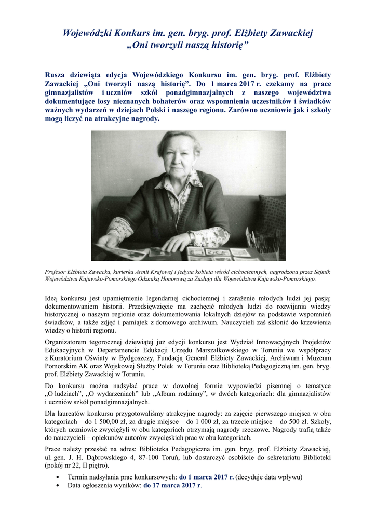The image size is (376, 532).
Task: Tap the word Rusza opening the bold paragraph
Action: [x=57, y=75]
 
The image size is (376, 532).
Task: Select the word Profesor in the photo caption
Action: [x=59, y=271]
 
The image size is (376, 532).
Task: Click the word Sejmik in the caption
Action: [x=320, y=271]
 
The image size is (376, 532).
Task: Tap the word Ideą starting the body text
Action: [x=52, y=298]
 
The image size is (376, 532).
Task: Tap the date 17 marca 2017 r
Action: [x=172, y=485]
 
